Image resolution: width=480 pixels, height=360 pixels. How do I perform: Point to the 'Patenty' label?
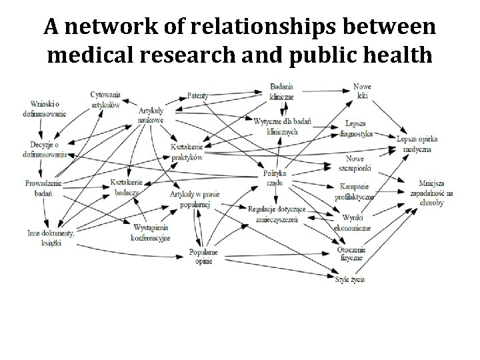(x=198, y=96)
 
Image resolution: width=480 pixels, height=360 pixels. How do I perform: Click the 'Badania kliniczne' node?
(x=282, y=91)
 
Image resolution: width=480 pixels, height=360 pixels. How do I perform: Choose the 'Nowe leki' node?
(x=363, y=91)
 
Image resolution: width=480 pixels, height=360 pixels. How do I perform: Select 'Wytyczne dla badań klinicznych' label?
(x=282, y=127)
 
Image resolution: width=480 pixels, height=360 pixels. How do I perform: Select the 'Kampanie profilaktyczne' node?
(x=357, y=191)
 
